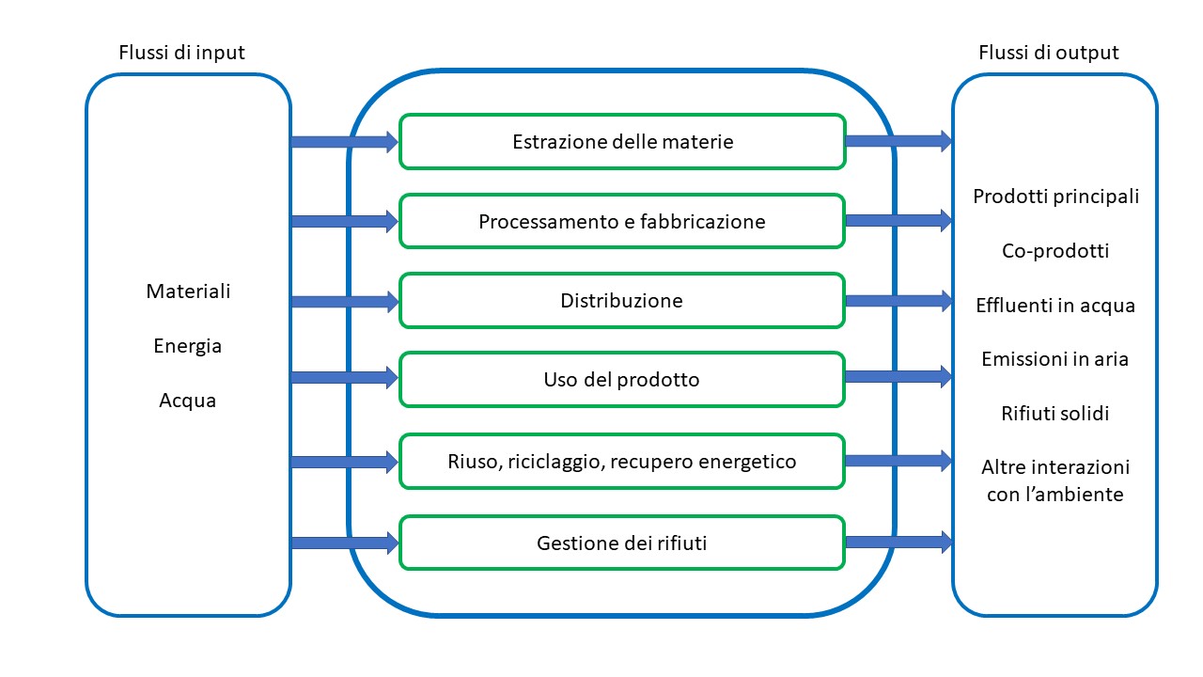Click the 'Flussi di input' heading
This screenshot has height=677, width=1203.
181,53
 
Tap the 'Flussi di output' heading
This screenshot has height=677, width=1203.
1048,53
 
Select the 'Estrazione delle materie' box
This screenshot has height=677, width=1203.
622,142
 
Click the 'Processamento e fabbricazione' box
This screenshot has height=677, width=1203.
622,222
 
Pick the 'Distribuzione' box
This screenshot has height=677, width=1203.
622,301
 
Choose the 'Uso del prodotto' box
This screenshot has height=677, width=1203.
622,380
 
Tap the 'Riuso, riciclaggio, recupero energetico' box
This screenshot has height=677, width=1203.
622,462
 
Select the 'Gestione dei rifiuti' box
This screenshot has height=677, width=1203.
622,543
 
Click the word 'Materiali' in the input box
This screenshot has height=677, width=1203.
188,291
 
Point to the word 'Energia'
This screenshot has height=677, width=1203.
188,346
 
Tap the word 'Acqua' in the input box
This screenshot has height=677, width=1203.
188,401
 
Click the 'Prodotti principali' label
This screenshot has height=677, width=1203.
1055,197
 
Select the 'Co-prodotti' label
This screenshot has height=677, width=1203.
1055,251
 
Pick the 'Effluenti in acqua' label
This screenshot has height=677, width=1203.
1055,306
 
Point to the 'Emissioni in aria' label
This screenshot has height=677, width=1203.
1055,359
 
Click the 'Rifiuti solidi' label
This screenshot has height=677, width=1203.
1055,414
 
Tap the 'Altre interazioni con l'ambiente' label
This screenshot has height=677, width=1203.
1055,480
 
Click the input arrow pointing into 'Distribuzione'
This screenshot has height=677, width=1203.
344,302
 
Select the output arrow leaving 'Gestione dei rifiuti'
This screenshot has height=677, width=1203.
898,542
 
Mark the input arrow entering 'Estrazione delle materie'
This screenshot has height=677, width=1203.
344,142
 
